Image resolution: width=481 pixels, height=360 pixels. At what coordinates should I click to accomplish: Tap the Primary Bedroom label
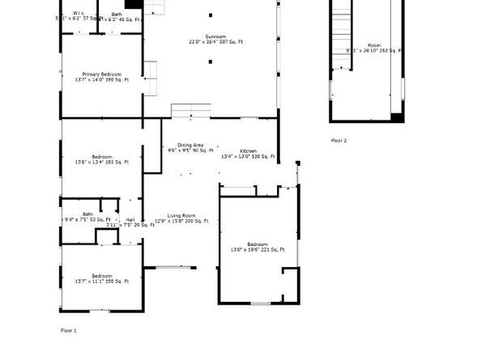click(x=101, y=74)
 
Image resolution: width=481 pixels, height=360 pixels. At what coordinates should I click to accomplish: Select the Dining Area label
click(x=190, y=145)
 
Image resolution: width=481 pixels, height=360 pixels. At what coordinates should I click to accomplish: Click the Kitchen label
click(x=248, y=151)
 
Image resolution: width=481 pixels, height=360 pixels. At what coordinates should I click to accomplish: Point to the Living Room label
click(x=181, y=215)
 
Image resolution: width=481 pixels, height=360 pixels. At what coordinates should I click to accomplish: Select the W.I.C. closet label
click(x=79, y=13)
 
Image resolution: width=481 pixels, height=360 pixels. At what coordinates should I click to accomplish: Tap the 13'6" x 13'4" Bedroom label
click(x=101, y=156)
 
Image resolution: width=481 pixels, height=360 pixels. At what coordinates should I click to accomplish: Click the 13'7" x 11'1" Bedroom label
click(x=101, y=276)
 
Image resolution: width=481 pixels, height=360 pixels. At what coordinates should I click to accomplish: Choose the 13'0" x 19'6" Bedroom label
click(x=257, y=244)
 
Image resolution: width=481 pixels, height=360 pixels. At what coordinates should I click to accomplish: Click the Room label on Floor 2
click(x=374, y=45)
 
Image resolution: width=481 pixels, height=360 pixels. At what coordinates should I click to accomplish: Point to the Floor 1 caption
click(x=69, y=330)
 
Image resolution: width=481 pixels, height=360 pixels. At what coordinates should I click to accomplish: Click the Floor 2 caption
click(x=338, y=140)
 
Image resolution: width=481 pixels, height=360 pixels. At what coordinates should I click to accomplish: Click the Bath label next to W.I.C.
click(x=117, y=13)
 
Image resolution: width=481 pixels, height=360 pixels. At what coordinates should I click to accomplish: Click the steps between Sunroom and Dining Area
click(x=190, y=110)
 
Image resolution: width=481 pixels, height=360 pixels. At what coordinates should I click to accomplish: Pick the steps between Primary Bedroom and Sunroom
click(x=150, y=78)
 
